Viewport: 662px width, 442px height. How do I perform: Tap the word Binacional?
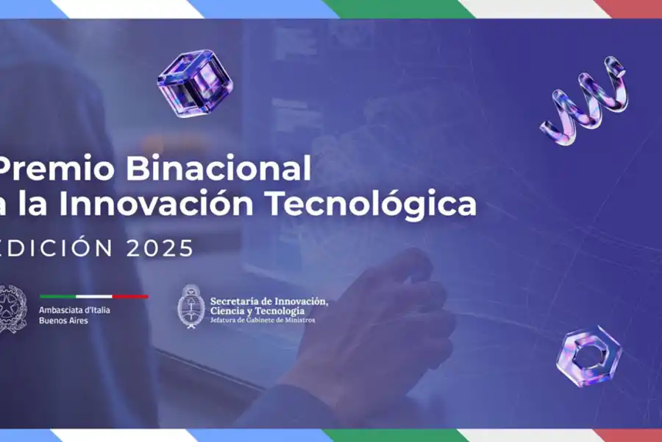(x=218, y=170)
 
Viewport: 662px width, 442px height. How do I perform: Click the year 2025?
(x=160, y=248)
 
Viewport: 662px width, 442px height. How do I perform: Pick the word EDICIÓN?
(x=57, y=248)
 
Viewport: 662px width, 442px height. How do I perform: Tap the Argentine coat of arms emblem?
(x=190, y=306)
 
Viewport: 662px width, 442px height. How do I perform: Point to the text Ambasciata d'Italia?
(x=74, y=310)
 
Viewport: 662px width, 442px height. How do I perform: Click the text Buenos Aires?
(x=63, y=321)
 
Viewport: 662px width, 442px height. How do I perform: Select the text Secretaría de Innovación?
(x=268, y=301)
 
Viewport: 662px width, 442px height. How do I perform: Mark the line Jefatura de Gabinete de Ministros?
(x=262, y=320)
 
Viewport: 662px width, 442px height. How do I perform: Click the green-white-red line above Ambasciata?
(x=93, y=297)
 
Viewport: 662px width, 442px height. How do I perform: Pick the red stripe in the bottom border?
(x=633, y=435)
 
